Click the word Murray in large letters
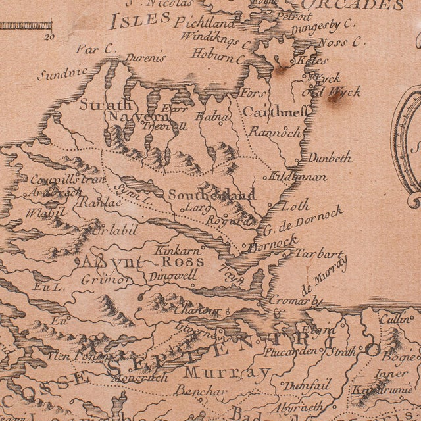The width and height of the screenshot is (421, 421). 227,373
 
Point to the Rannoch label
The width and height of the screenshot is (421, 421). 274,131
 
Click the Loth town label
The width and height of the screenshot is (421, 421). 295,206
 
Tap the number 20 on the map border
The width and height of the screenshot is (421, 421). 49,37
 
